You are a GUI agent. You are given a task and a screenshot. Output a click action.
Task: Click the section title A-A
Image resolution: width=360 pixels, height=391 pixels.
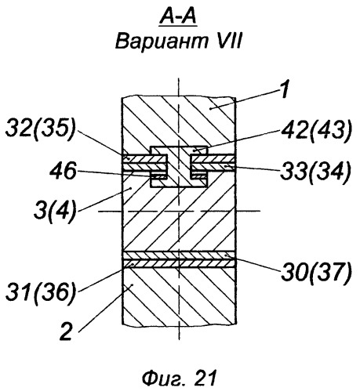(178, 17)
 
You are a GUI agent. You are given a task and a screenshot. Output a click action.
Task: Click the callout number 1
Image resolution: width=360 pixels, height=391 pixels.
(284, 89)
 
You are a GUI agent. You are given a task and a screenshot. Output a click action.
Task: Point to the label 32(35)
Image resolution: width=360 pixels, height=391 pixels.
(41, 129)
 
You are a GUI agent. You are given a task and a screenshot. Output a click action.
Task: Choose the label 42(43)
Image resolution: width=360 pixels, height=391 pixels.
(316, 132)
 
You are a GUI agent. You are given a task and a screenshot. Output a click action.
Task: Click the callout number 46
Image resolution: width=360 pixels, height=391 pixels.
(64, 171)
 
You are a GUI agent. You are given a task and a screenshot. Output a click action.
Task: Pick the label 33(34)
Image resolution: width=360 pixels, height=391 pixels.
(315, 172)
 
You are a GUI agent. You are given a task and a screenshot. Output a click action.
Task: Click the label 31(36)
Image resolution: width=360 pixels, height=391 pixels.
(41, 291)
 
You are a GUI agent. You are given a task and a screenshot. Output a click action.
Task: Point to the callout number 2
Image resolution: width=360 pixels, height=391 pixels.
(66, 331)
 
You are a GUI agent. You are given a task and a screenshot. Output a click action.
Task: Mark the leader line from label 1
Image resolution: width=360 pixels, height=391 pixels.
(244, 100)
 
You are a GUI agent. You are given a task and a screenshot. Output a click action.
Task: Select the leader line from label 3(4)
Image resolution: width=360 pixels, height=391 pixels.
(104, 199)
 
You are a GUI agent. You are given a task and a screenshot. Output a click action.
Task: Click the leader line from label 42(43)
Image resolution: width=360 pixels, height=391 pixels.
(237, 141)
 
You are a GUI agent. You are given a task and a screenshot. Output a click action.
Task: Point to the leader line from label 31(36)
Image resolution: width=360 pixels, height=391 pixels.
(106, 277)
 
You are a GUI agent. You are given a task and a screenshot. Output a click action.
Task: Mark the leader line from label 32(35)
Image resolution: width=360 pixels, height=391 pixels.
(103, 144)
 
